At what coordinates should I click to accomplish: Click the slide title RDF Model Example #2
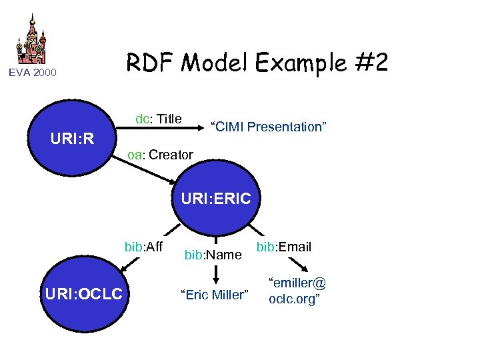[257, 63]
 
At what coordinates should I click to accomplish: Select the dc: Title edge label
[158, 119]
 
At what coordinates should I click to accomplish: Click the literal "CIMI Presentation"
[268, 127]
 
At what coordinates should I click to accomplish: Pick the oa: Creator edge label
[161, 155]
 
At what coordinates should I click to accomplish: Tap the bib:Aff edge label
[143, 247]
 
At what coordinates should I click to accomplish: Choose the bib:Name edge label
[213, 255]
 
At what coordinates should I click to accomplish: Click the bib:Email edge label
[284, 247]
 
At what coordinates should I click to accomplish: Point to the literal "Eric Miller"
[214, 294]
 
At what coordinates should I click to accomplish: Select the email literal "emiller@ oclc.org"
[297, 290]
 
